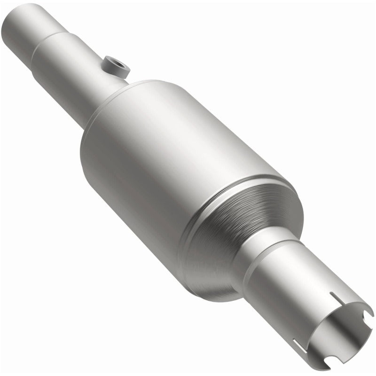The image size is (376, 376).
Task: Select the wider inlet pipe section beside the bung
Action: (70, 70)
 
